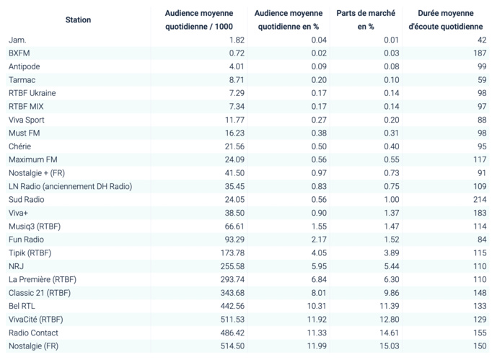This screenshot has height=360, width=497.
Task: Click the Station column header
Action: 78,19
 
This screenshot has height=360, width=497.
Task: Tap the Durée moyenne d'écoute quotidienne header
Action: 446,19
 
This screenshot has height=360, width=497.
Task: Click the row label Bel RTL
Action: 24,306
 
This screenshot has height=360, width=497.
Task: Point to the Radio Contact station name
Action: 33,333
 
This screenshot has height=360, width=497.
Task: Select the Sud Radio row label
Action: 27,199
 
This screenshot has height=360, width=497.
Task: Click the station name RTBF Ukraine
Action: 32,93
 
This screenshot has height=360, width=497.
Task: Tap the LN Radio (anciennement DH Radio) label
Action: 70,186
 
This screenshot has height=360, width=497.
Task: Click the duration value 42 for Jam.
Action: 482,40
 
